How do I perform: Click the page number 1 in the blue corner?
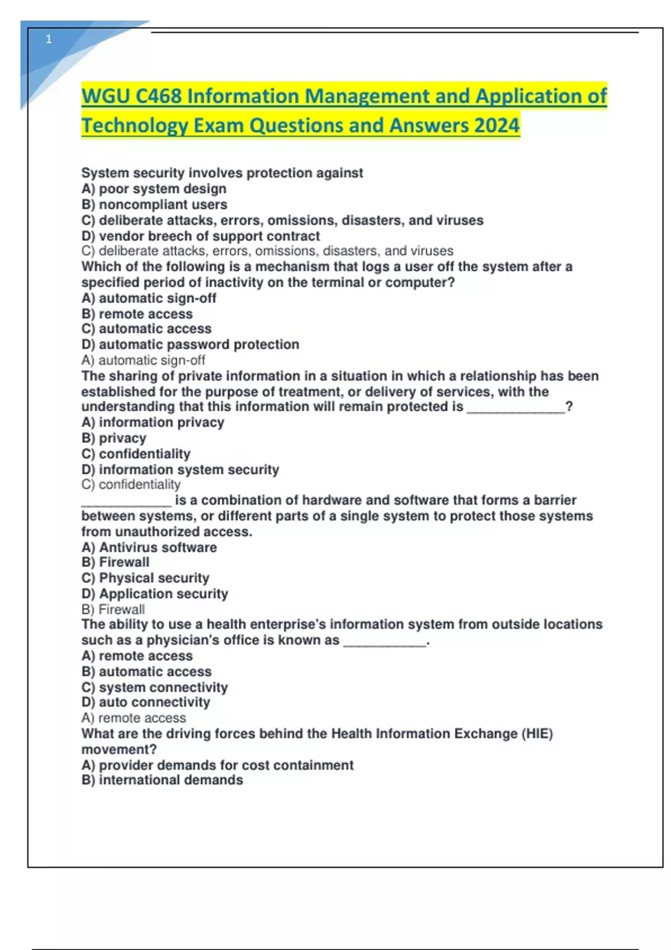tap(49, 39)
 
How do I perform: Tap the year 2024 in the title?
tap(497, 125)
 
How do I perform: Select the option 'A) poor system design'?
tap(154, 189)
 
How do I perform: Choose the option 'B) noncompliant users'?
tap(154, 205)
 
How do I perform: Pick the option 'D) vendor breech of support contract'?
tap(201, 236)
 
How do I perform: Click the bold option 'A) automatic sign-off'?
tap(149, 298)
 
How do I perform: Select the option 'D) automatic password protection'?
tap(190, 344)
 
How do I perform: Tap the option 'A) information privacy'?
tap(153, 422)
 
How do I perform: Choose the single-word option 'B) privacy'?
tap(114, 438)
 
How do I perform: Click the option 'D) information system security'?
tap(180, 469)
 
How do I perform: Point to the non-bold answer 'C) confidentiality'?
tap(131, 484)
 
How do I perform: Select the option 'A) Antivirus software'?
tap(149, 547)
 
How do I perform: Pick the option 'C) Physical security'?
tap(145, 578)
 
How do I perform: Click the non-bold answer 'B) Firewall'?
tap(113, 609)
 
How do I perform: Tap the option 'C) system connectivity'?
tap(154, 687)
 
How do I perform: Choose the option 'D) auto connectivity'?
tap(146, 702)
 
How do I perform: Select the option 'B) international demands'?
tap(162, 780)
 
